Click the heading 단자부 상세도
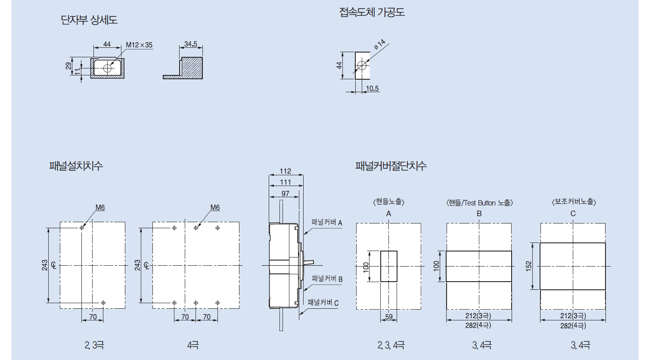tap(89, 20)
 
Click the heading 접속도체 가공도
tap(372, 12)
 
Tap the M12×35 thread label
tap(139, 45)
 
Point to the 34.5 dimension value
tap(190, 44)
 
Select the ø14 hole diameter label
tap(379, 44)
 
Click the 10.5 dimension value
tap(372, 89)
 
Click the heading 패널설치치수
tap(76, 166)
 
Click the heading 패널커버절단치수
tap(391, 166)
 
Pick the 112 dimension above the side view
tap(285, 171)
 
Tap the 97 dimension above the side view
tap(285, 194)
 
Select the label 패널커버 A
tap(326, 222)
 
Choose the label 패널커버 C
tap(323, 303)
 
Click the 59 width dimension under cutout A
tap(389, 317)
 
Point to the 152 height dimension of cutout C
tap(529, 266)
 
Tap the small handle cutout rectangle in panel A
tap(389, 266)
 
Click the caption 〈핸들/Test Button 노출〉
tap(479, 203)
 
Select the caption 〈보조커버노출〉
tap(574, 202)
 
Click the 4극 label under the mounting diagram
tap(193, 345)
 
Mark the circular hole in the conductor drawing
tap(362, 65)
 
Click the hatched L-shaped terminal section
tap(191, 68)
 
